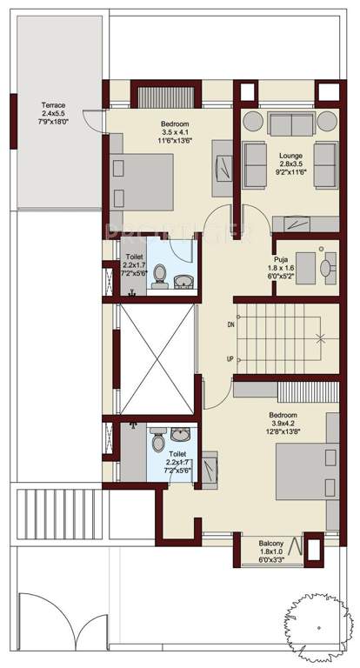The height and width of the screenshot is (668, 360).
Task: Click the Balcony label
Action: [271, 544]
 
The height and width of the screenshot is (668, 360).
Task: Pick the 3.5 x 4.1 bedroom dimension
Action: [176, 131]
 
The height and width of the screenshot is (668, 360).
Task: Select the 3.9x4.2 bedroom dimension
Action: [284, 423]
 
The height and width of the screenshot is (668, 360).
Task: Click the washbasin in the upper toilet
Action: [184, 281]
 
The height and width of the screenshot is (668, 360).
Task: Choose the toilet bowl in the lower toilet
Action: [158, 441]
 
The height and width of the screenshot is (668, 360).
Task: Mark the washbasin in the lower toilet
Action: [178, 433]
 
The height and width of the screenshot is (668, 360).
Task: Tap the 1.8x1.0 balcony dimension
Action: [271, 553]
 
